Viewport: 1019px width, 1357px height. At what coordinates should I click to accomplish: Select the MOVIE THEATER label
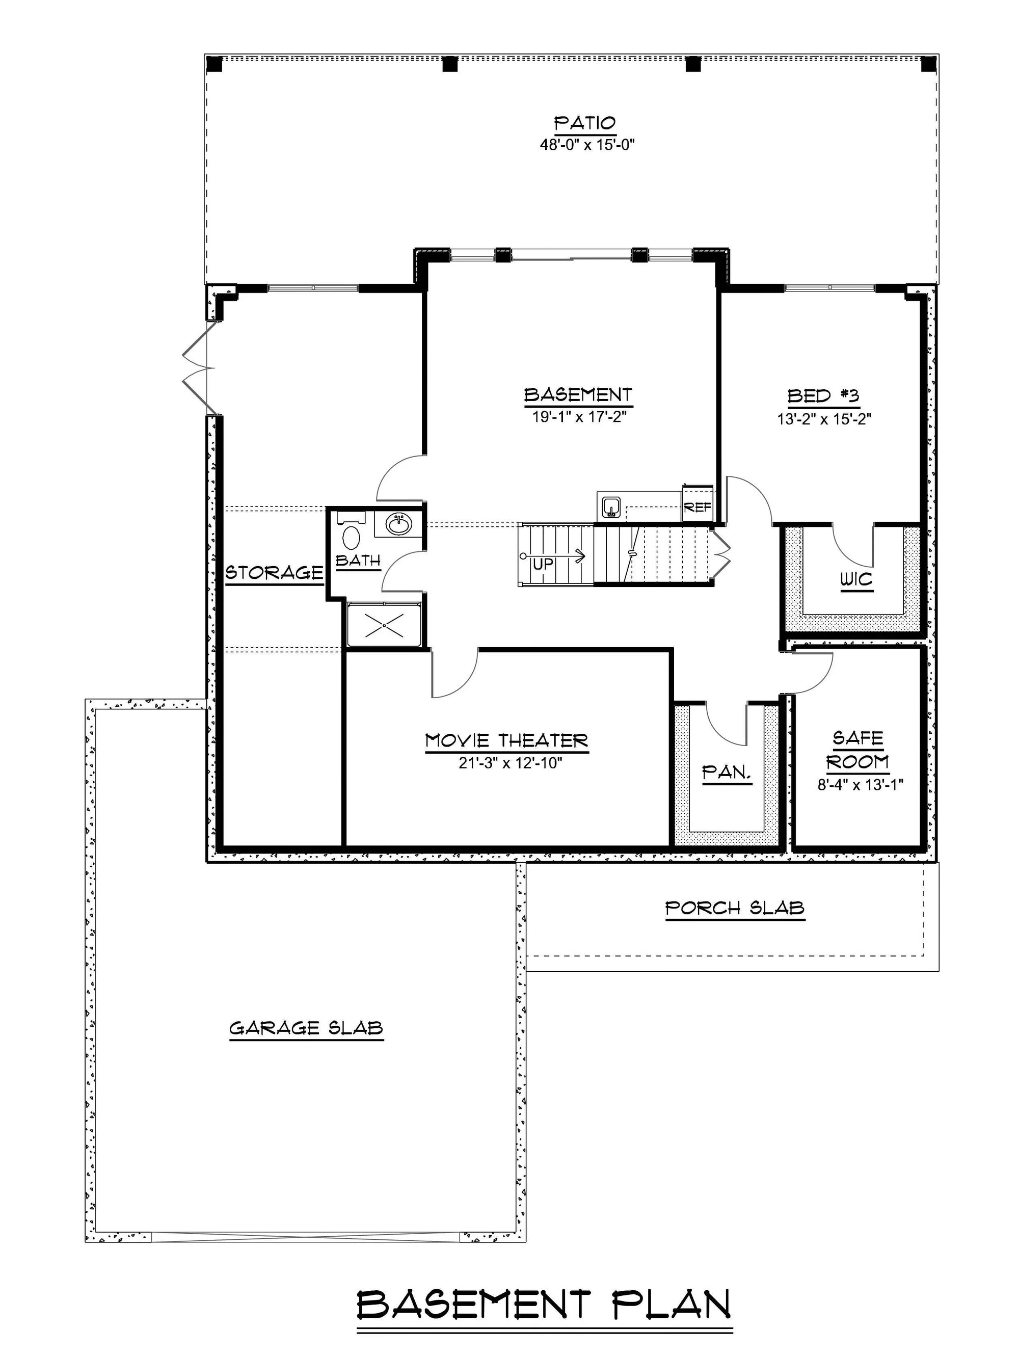pyautogui.click(x=506, y=740)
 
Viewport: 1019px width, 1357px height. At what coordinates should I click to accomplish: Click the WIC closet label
pyautogui.click(x=856, y=579)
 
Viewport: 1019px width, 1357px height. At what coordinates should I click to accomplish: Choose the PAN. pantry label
pyautogui.click(x=727, y=773)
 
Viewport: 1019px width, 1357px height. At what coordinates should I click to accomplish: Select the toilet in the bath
pyautogui.click(x=351, y=537)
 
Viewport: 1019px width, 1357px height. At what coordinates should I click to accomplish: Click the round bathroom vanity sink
pyautogui.click(x=397, y=523)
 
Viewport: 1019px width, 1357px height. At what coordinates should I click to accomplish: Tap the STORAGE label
pyautogui.click(x=274, y=573)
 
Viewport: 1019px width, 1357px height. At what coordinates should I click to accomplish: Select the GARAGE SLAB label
pyautogui.click(x=306, y=1028)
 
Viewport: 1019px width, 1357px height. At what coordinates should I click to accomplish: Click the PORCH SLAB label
pyautogui.click(x=734, y=908)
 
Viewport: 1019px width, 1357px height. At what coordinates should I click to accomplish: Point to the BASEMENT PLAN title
pyautogui.click(x=544, y=1300)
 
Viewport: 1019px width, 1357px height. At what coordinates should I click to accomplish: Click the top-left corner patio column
pyautogui.click(x=214, y=64)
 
